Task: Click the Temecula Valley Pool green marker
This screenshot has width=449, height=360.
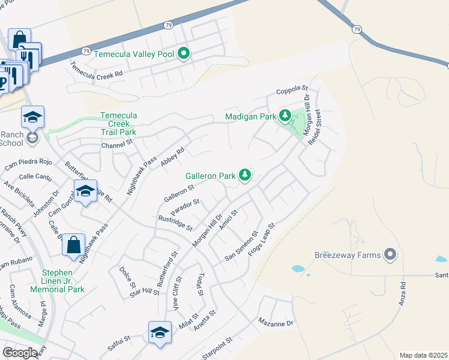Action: click(184, 55)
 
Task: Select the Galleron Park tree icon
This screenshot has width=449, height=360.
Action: click(244, 175)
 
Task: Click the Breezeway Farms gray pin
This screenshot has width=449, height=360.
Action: click(390, 255)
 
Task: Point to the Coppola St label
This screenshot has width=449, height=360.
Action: click(292, 91)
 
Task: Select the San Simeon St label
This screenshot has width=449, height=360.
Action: click(241, 246)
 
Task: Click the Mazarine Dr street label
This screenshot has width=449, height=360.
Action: click(276, 323)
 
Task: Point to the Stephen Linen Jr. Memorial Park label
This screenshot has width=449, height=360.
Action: click(62, 281)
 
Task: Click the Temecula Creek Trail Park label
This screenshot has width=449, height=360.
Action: click(118, 124)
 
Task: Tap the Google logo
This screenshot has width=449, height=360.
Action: click(20, 352)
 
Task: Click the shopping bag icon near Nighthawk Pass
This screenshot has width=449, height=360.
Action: click(73, 245)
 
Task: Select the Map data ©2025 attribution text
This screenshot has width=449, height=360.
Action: click(423, 355)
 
